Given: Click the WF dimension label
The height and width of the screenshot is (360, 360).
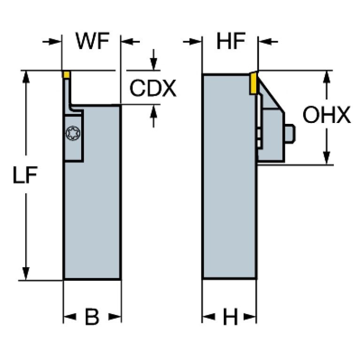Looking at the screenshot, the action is coord(92,41).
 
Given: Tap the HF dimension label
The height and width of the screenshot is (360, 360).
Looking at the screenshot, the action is coord(231,41).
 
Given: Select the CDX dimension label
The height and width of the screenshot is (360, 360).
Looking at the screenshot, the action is coord(153,88).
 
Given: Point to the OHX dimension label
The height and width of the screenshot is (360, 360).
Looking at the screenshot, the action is coord(327,115).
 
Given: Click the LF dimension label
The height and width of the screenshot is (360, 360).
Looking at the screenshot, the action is coord(25,175).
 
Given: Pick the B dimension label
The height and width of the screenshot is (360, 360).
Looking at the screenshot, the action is coord(92,317).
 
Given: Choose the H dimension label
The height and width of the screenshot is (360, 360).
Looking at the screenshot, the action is coord(230,317).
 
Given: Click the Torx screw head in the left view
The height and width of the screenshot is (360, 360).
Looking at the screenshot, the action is coord(73,133).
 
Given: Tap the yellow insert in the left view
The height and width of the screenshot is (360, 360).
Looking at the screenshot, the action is coord(67,75).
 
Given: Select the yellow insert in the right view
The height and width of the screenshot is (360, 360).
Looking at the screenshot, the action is coord(253,83).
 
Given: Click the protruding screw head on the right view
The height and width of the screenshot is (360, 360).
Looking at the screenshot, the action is coord(290,134).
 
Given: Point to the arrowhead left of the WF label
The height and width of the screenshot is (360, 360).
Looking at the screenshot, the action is coord(55,42).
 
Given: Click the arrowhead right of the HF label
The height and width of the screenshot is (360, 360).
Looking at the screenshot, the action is coord(265,42).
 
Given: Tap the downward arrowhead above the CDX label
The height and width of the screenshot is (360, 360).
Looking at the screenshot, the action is coord(153,64).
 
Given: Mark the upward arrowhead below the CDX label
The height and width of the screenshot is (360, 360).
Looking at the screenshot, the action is coord(153,111).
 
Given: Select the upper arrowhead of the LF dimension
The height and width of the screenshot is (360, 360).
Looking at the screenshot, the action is coord(26,77).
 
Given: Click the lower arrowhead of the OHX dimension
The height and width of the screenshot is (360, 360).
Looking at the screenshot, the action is coord(327,158).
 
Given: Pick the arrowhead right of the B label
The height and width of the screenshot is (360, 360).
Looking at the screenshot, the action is coord(115,317).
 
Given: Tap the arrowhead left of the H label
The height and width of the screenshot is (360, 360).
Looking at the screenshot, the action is coord(209,317).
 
